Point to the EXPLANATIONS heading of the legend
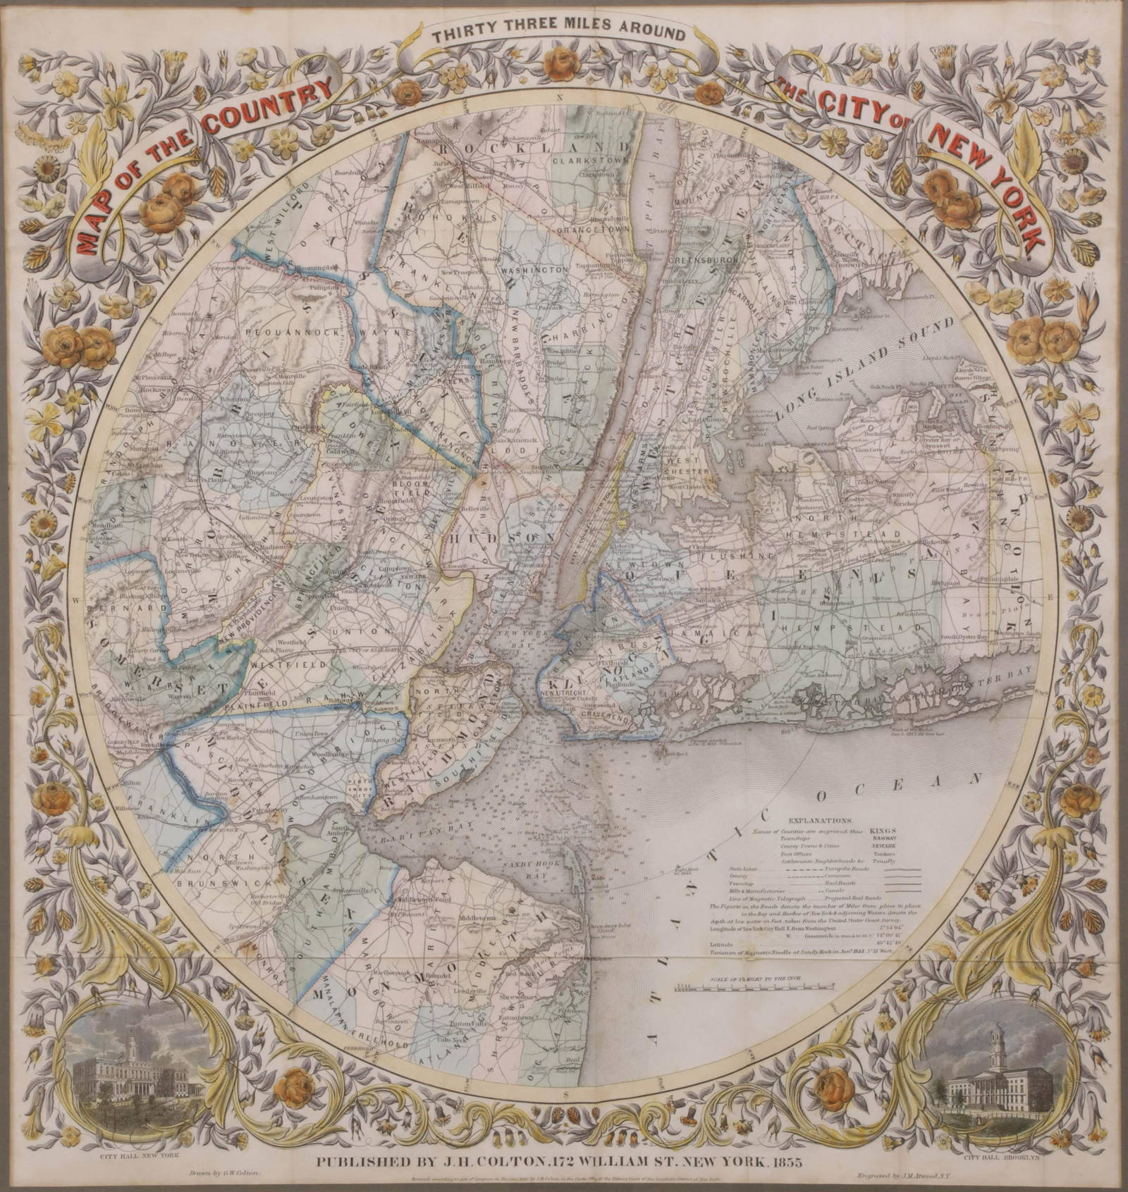tap(821, 821)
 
